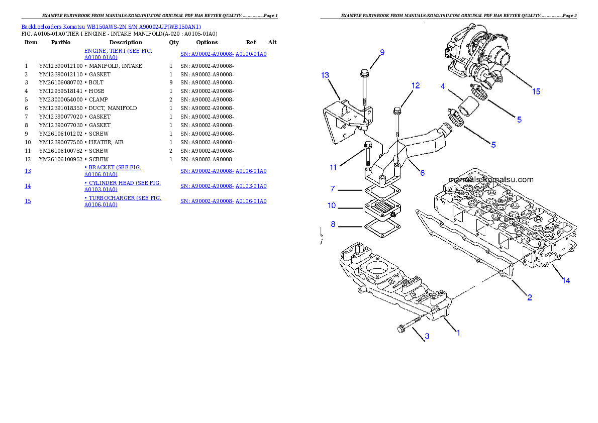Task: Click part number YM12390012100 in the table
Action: point(61,66)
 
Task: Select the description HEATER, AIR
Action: point(106,142)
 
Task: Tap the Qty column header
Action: point(174,42)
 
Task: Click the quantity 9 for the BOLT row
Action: point(171,82)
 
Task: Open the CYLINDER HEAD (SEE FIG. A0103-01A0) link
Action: point(123,186)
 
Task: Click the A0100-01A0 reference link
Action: point(251,54)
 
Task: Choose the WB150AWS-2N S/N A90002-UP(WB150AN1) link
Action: point(144,27)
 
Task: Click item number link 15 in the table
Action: point(28,201)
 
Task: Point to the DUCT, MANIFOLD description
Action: point(113,109)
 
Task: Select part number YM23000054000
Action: point(61,99)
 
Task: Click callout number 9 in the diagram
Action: point(382,52)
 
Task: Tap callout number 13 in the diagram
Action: point(325,75)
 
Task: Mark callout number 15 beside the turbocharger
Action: point(536,91)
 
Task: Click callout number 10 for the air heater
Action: point(332,205)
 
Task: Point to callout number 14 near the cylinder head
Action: point(566,281)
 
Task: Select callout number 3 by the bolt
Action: point(427,336)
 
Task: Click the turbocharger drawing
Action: point(477,53)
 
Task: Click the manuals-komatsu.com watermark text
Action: point(491,180)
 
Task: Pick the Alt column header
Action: point(272,42)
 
